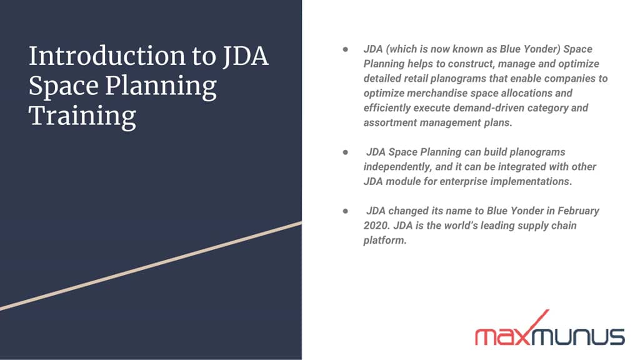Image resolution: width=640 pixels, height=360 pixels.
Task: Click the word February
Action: tap(576, 211)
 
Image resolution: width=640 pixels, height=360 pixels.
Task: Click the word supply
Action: tap(514, 226)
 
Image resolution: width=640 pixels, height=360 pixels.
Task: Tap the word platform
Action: tap(384, 241)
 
